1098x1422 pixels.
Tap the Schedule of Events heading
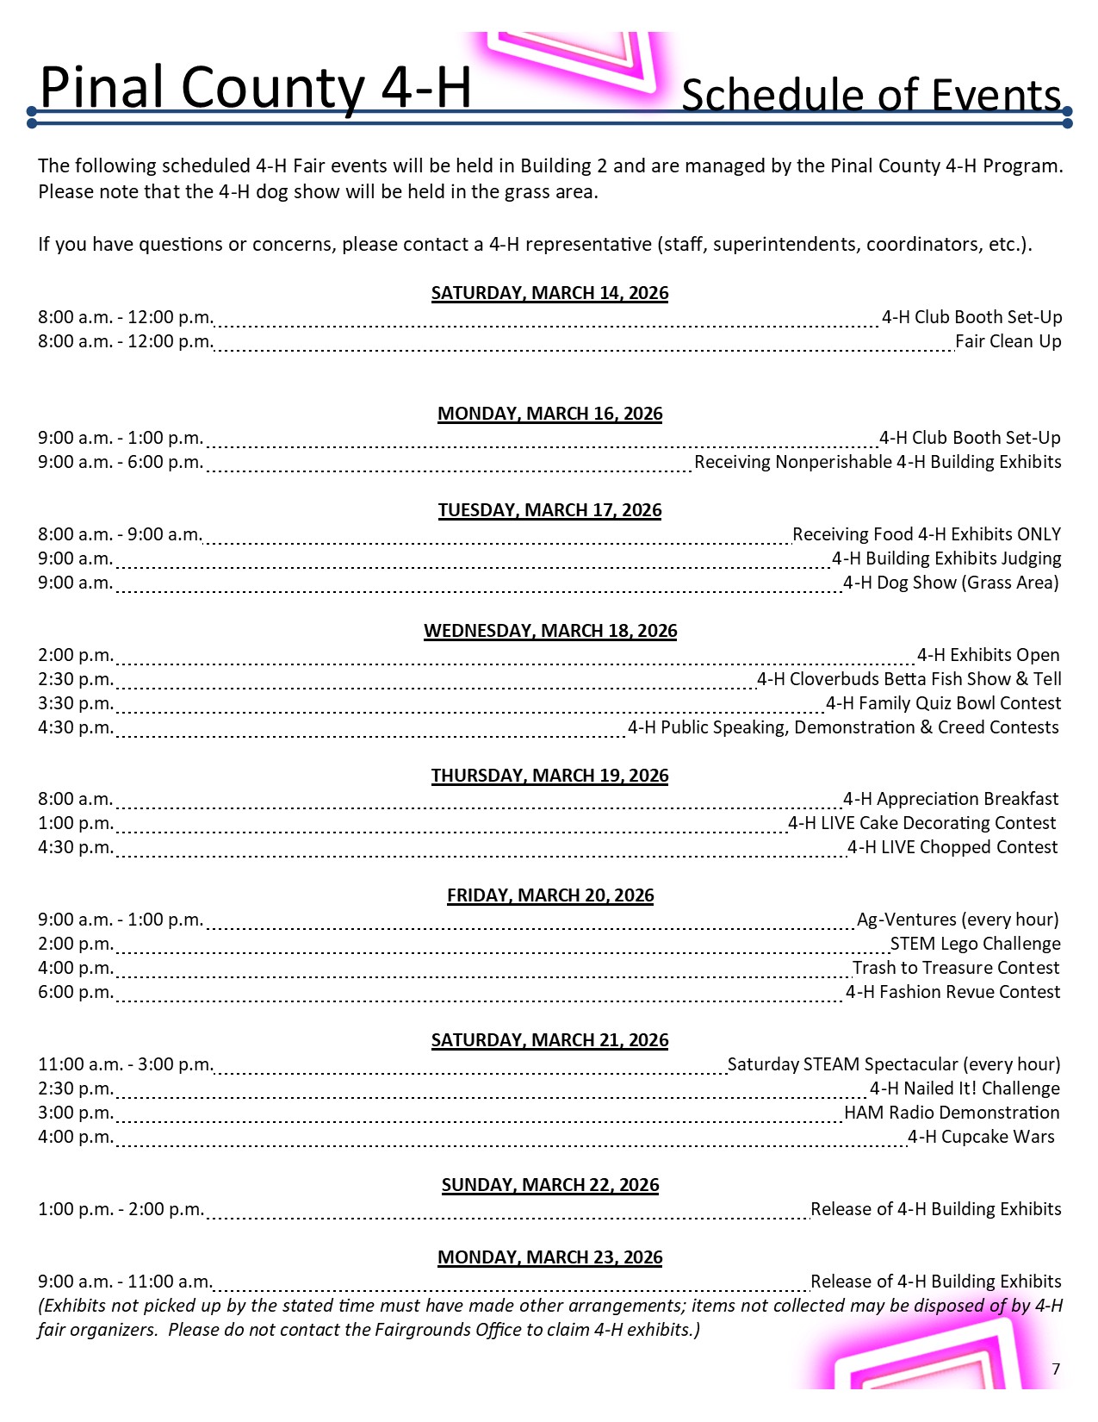point(871,95)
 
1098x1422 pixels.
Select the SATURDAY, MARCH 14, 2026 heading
point(549,293)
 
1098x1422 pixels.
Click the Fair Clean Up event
point(1008,341)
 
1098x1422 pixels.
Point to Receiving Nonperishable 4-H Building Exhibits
point(878,462)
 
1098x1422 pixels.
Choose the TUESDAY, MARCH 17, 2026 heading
point(549,510)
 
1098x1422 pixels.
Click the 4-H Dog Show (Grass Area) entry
point(951,583)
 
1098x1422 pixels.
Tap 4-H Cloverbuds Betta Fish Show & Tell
point(909,679)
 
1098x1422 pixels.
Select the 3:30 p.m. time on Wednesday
point(76,703)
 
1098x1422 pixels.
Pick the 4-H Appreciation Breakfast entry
point(951,799)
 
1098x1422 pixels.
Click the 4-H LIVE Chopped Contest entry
point(952,847)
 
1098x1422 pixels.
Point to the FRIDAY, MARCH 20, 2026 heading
point(549,895)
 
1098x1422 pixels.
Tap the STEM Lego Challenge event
point(975,944)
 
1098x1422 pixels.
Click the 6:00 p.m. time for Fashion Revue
point(76,992)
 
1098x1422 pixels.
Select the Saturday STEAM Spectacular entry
point(894,1064)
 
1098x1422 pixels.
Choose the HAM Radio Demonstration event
point(952,1113)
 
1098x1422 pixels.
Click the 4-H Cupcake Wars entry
point(981,1137)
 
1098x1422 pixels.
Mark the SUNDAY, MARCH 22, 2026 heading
point(549,1185)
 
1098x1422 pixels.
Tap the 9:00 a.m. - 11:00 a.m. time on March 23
point(125,1282)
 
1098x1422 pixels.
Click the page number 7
point(1056,1369)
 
